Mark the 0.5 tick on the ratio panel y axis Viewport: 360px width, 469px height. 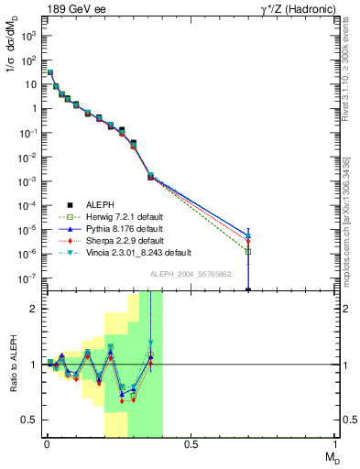click(x=28, y=420)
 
